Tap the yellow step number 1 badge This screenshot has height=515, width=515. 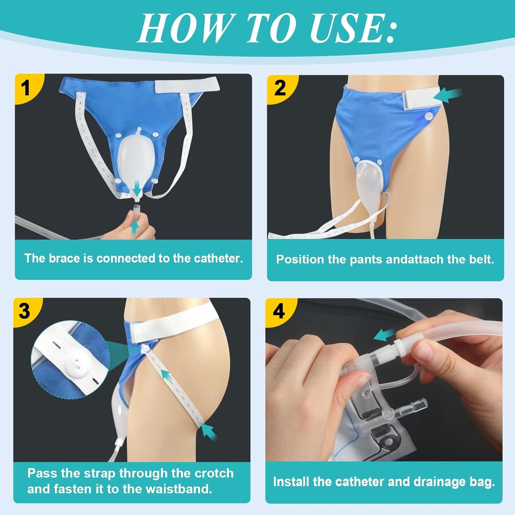point(26,87)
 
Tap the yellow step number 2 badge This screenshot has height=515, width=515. point(280,88)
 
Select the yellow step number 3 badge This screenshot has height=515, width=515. point(25,311)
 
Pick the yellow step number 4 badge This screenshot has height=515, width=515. point(279,311)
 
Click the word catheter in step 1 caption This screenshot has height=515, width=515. point(218,258)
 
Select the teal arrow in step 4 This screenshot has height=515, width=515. point(385,335)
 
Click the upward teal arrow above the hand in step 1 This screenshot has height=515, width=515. point(134,227)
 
